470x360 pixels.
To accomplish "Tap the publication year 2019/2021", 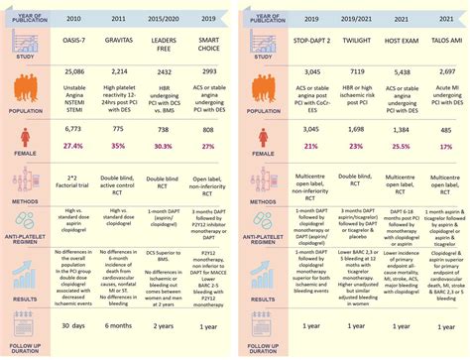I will pos(357,21).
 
